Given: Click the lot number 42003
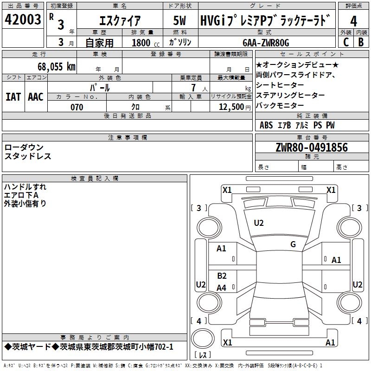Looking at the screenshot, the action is pyautogui.click(x=23, y=21).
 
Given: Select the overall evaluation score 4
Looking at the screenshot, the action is pyautogui.click(x=354, y=21).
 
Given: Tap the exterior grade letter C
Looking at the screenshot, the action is pyautogui.click(x=345, y=42).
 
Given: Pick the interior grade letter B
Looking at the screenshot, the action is pyautogui.click(x=361, y=42).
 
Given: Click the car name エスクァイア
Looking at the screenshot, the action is pyautogui.click(x=120, y=21).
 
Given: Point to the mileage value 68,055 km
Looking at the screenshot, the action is pyautogui.click(x=56, y=66).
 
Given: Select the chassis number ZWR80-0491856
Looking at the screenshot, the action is pyautogui.click(x=311, y=147).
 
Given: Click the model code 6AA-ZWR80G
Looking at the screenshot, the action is pyautogui.click(x=266, y=43).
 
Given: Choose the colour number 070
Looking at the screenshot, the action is pyautogui.click(x=77, y=107).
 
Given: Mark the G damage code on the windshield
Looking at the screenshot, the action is pyautogui.click(x=293, y=244).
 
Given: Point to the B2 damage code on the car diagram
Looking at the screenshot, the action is pyautogui.click(x=222, y=276).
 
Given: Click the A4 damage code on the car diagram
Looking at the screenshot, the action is pyautogui.click(x=222, y=288).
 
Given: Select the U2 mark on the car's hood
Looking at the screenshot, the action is pyautogui.click(x=259, y=223).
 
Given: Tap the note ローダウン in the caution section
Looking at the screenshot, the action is pyautogui.click(x=24, y=147).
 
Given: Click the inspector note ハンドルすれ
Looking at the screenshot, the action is pyautogui.click(x=25, y=187).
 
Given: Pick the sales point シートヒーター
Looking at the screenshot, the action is pyautogui.click(x=280, y=85).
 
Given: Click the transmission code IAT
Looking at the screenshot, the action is pyautogui.click(x=13, y=96).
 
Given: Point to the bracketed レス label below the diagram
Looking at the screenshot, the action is pyautogui.click(x=202, y=355).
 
